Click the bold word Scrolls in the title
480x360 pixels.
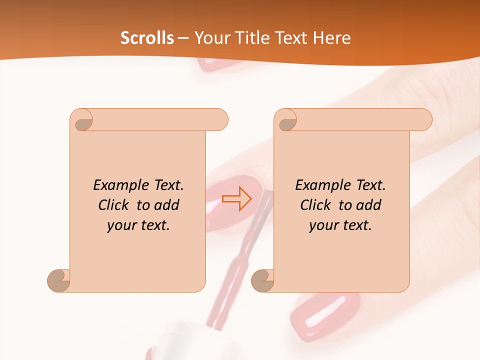click(x=147, y=38)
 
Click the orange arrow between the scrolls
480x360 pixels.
click(x=236, y=199)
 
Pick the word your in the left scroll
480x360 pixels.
click(x=122, y=225)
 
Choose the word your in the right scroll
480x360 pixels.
click(x=324, y=225)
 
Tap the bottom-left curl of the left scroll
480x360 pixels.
click(x=58, y=281)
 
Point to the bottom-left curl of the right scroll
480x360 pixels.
click(x=262, y=281)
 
